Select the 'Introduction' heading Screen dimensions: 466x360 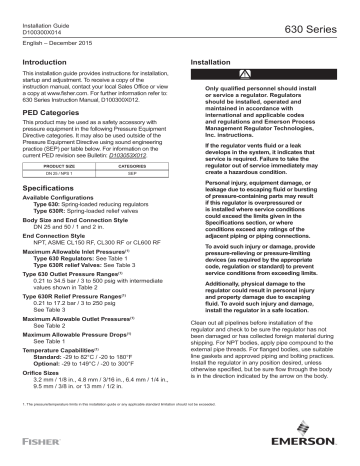(45, 62)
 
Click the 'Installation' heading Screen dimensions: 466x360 (211, 62)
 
